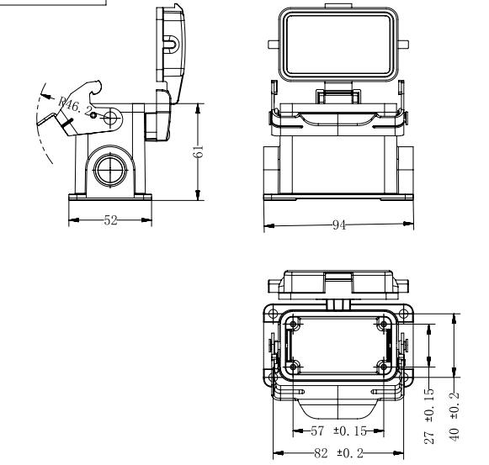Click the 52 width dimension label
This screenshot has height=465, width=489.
coord(110,220)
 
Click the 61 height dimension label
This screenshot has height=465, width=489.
coord(199,151)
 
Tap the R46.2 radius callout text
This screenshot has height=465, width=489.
coord(76,105)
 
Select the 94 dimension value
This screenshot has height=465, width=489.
coord(339,225)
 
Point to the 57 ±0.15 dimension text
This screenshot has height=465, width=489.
coord(338,431)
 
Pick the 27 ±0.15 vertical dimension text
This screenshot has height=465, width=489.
coord(429,415)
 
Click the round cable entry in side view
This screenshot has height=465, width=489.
coord(111,170)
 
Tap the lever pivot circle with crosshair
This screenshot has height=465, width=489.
coord(110,118)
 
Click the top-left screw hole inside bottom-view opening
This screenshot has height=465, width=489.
coord(293,324)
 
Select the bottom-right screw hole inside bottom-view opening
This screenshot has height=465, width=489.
coord(383,367)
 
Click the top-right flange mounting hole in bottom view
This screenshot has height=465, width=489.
coord(404,314)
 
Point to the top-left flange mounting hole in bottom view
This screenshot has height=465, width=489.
coord(273,314)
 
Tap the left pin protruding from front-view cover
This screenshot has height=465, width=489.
coord(274,45)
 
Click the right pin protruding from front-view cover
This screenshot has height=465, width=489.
coord(403,45)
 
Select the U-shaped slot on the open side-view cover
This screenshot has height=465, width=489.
coord(171,44)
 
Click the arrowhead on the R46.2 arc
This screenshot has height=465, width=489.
coord(45,96)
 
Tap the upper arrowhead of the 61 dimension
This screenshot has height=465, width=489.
coord(198,109)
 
